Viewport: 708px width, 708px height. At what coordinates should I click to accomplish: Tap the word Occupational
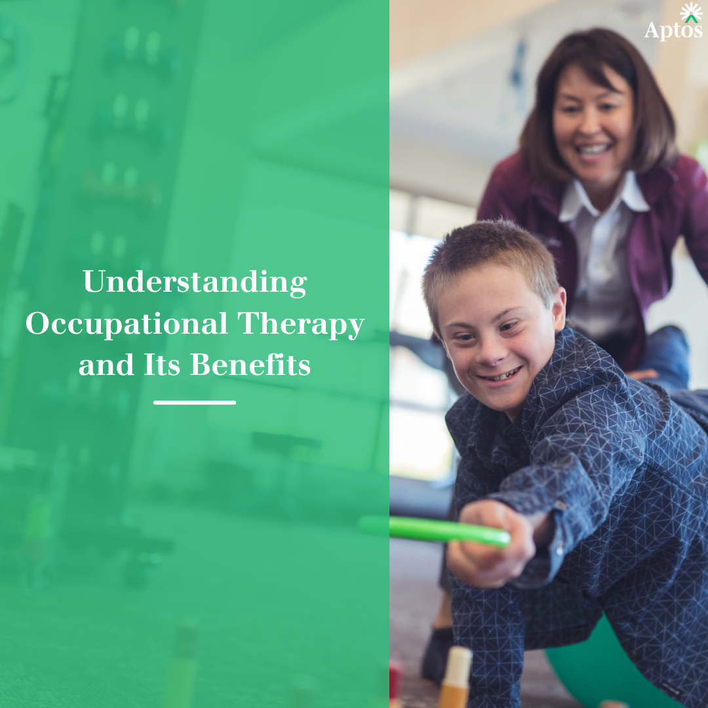click(x=127, y=324)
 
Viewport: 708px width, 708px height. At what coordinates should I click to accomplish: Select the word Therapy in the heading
click(x=301, y=324)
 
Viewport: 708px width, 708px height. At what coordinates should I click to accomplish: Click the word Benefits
click(x=250, y=364)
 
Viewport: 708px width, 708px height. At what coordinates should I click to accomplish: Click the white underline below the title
click(x=195, y=403)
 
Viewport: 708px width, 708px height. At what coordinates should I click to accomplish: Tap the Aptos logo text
click(x=673, y=31)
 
